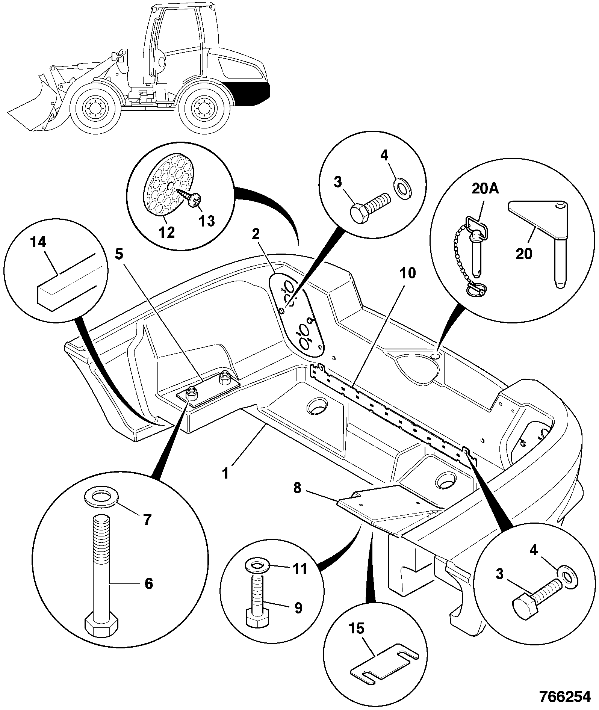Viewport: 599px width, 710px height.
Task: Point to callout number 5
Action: pyautogui.click(x=119, y=254)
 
